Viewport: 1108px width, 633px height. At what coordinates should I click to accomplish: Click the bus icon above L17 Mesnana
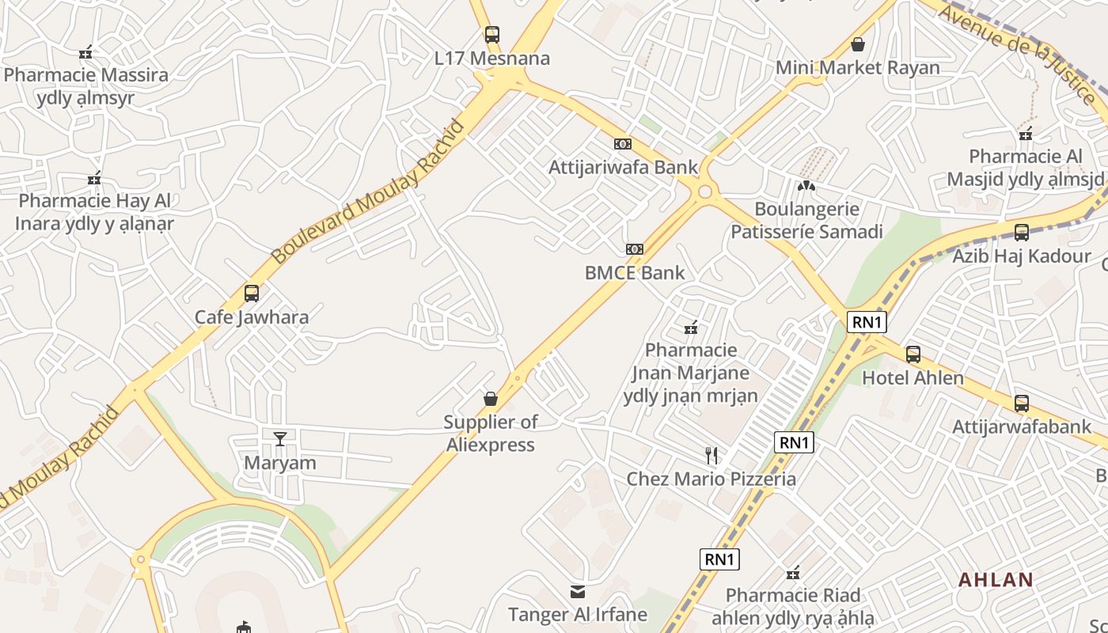click(x=492, y=35)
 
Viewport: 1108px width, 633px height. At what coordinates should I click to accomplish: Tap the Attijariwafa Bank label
click(x=624, y=167)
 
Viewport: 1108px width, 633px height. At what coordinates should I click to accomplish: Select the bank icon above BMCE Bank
click(x=634, y=249)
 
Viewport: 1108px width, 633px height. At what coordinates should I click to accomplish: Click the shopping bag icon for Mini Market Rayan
click(x=857, y=44)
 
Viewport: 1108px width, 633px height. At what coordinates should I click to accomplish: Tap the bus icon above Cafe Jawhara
click(x=252, y=294)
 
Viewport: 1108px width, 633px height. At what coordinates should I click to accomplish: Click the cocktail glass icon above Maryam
click(x=279, y=438)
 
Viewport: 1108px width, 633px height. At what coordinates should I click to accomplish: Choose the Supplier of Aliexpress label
click(x=491, y=433)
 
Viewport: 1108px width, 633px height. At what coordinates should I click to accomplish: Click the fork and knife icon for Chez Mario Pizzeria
click(x=711, y=455)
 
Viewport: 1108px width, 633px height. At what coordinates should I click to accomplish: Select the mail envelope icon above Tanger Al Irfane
click(x=578, y=591)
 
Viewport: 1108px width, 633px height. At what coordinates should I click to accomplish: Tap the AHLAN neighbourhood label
click(x=996, y=579)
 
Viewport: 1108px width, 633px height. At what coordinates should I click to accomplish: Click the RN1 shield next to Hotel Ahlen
click(x=867, y=322)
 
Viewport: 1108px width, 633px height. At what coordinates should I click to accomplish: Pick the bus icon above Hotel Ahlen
click(x=913, y=354)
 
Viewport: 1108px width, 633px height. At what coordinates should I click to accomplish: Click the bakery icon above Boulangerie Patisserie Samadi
click(x=806, y=186)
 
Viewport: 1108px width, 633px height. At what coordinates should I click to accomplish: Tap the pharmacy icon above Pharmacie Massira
click(x=85, y=52)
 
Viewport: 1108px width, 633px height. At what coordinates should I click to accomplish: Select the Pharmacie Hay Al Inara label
click(x=95, y=212)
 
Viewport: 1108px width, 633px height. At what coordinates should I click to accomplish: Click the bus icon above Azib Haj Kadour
click(x=1022, y=233)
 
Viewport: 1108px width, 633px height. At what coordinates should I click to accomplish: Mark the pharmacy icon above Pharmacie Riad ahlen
click(x=792, y=572)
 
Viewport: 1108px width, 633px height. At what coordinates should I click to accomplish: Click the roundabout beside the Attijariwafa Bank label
click(x=704, y=191)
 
